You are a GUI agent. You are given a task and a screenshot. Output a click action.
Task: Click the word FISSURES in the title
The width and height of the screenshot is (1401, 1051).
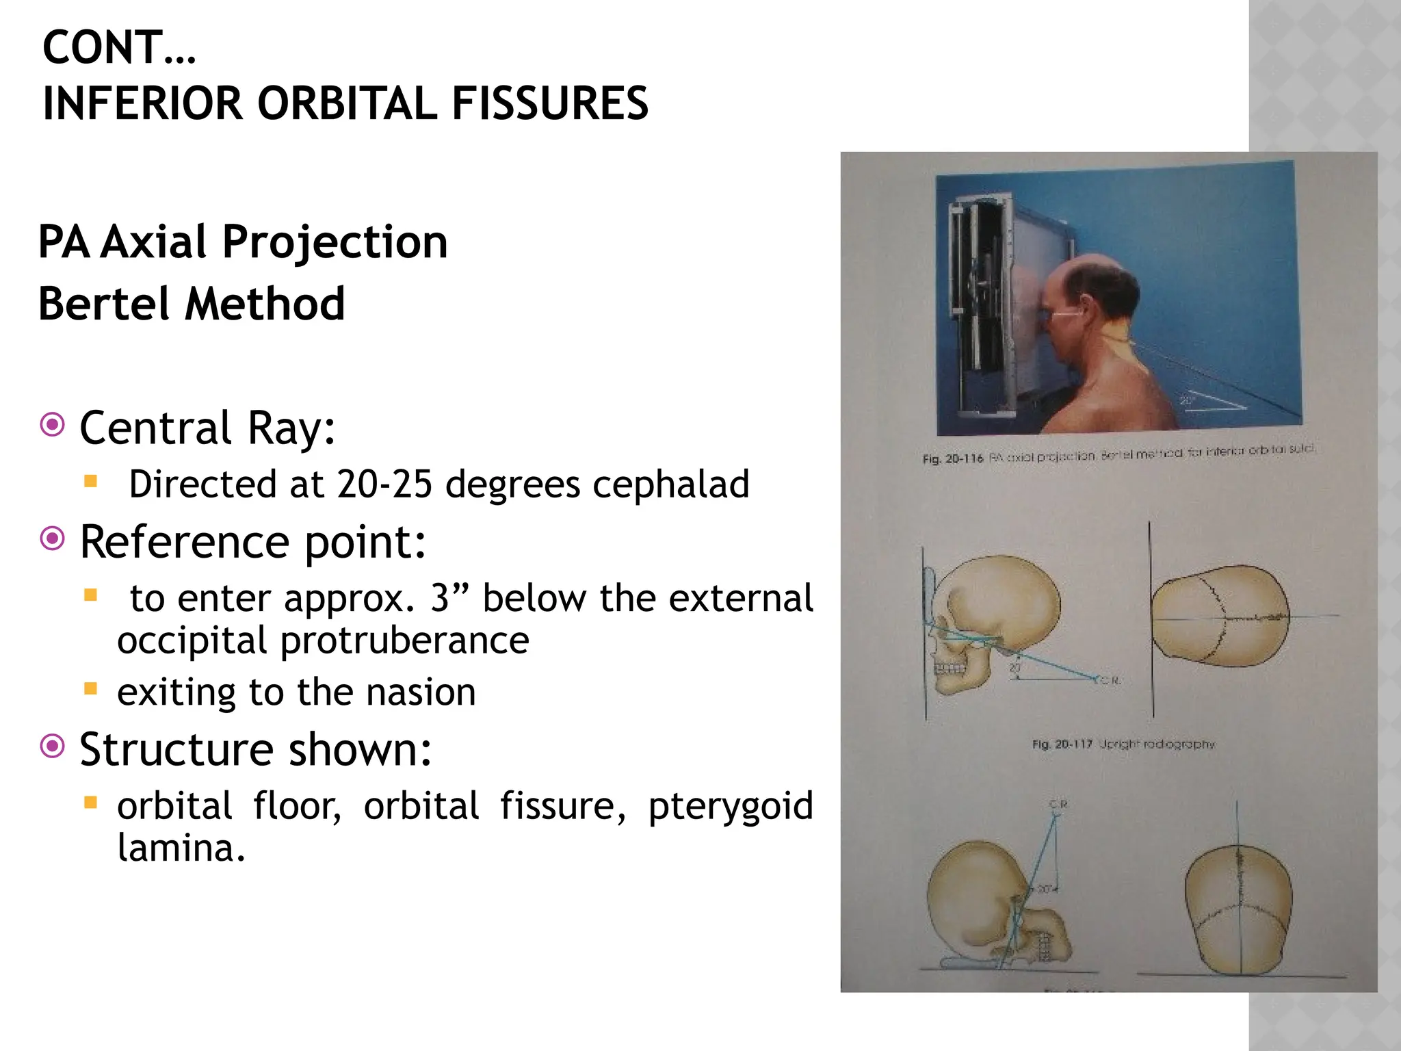[549, 104]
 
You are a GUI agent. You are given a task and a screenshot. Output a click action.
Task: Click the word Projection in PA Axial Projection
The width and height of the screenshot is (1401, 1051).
[335, 242]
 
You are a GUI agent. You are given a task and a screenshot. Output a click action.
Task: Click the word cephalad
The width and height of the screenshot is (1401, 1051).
[671, 484]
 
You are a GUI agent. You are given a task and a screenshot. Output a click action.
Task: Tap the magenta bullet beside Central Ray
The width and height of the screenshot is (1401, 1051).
[53, 425]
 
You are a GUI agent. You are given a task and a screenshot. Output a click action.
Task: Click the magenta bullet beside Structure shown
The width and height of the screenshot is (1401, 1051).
[53, 746]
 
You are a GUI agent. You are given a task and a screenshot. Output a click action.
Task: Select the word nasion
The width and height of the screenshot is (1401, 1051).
[421, 692]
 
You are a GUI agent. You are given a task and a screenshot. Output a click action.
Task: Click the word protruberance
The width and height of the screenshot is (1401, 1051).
[404, 641]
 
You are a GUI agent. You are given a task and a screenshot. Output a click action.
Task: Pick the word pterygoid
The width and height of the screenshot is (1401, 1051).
[730, 806]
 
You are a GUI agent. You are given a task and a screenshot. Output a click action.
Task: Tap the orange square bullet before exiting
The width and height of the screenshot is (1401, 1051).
[90, 688]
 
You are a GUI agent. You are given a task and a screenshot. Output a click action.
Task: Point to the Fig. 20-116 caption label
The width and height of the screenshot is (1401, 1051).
[952, 458]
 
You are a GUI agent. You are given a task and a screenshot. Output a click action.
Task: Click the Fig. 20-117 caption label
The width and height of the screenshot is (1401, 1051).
[1062, 744]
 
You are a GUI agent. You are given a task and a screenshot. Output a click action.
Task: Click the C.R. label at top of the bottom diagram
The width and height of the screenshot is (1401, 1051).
[1058, 804]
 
